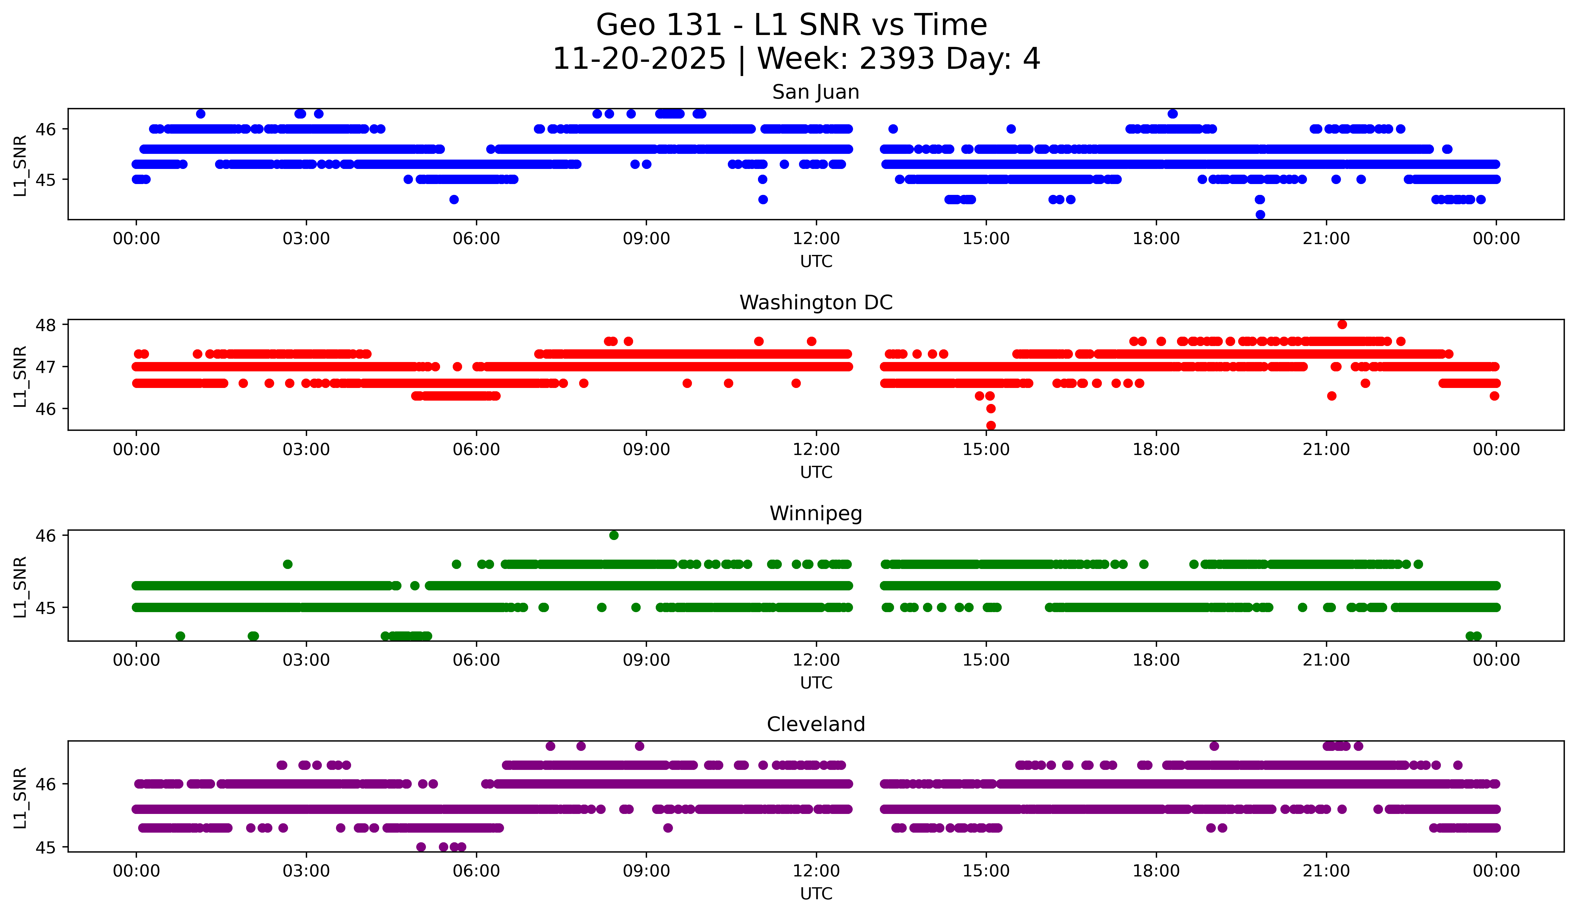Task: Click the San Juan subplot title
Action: (x=816, y=92)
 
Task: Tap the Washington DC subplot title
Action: (x=816, y=303)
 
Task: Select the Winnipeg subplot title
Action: (x=816, y=513)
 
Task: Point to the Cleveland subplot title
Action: (x=816, y=724)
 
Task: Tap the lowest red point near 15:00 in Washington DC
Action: (x=991, y=425)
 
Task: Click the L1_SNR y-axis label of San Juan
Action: (x=20, y=165)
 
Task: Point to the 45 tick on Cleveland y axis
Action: (x=46, y=847)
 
